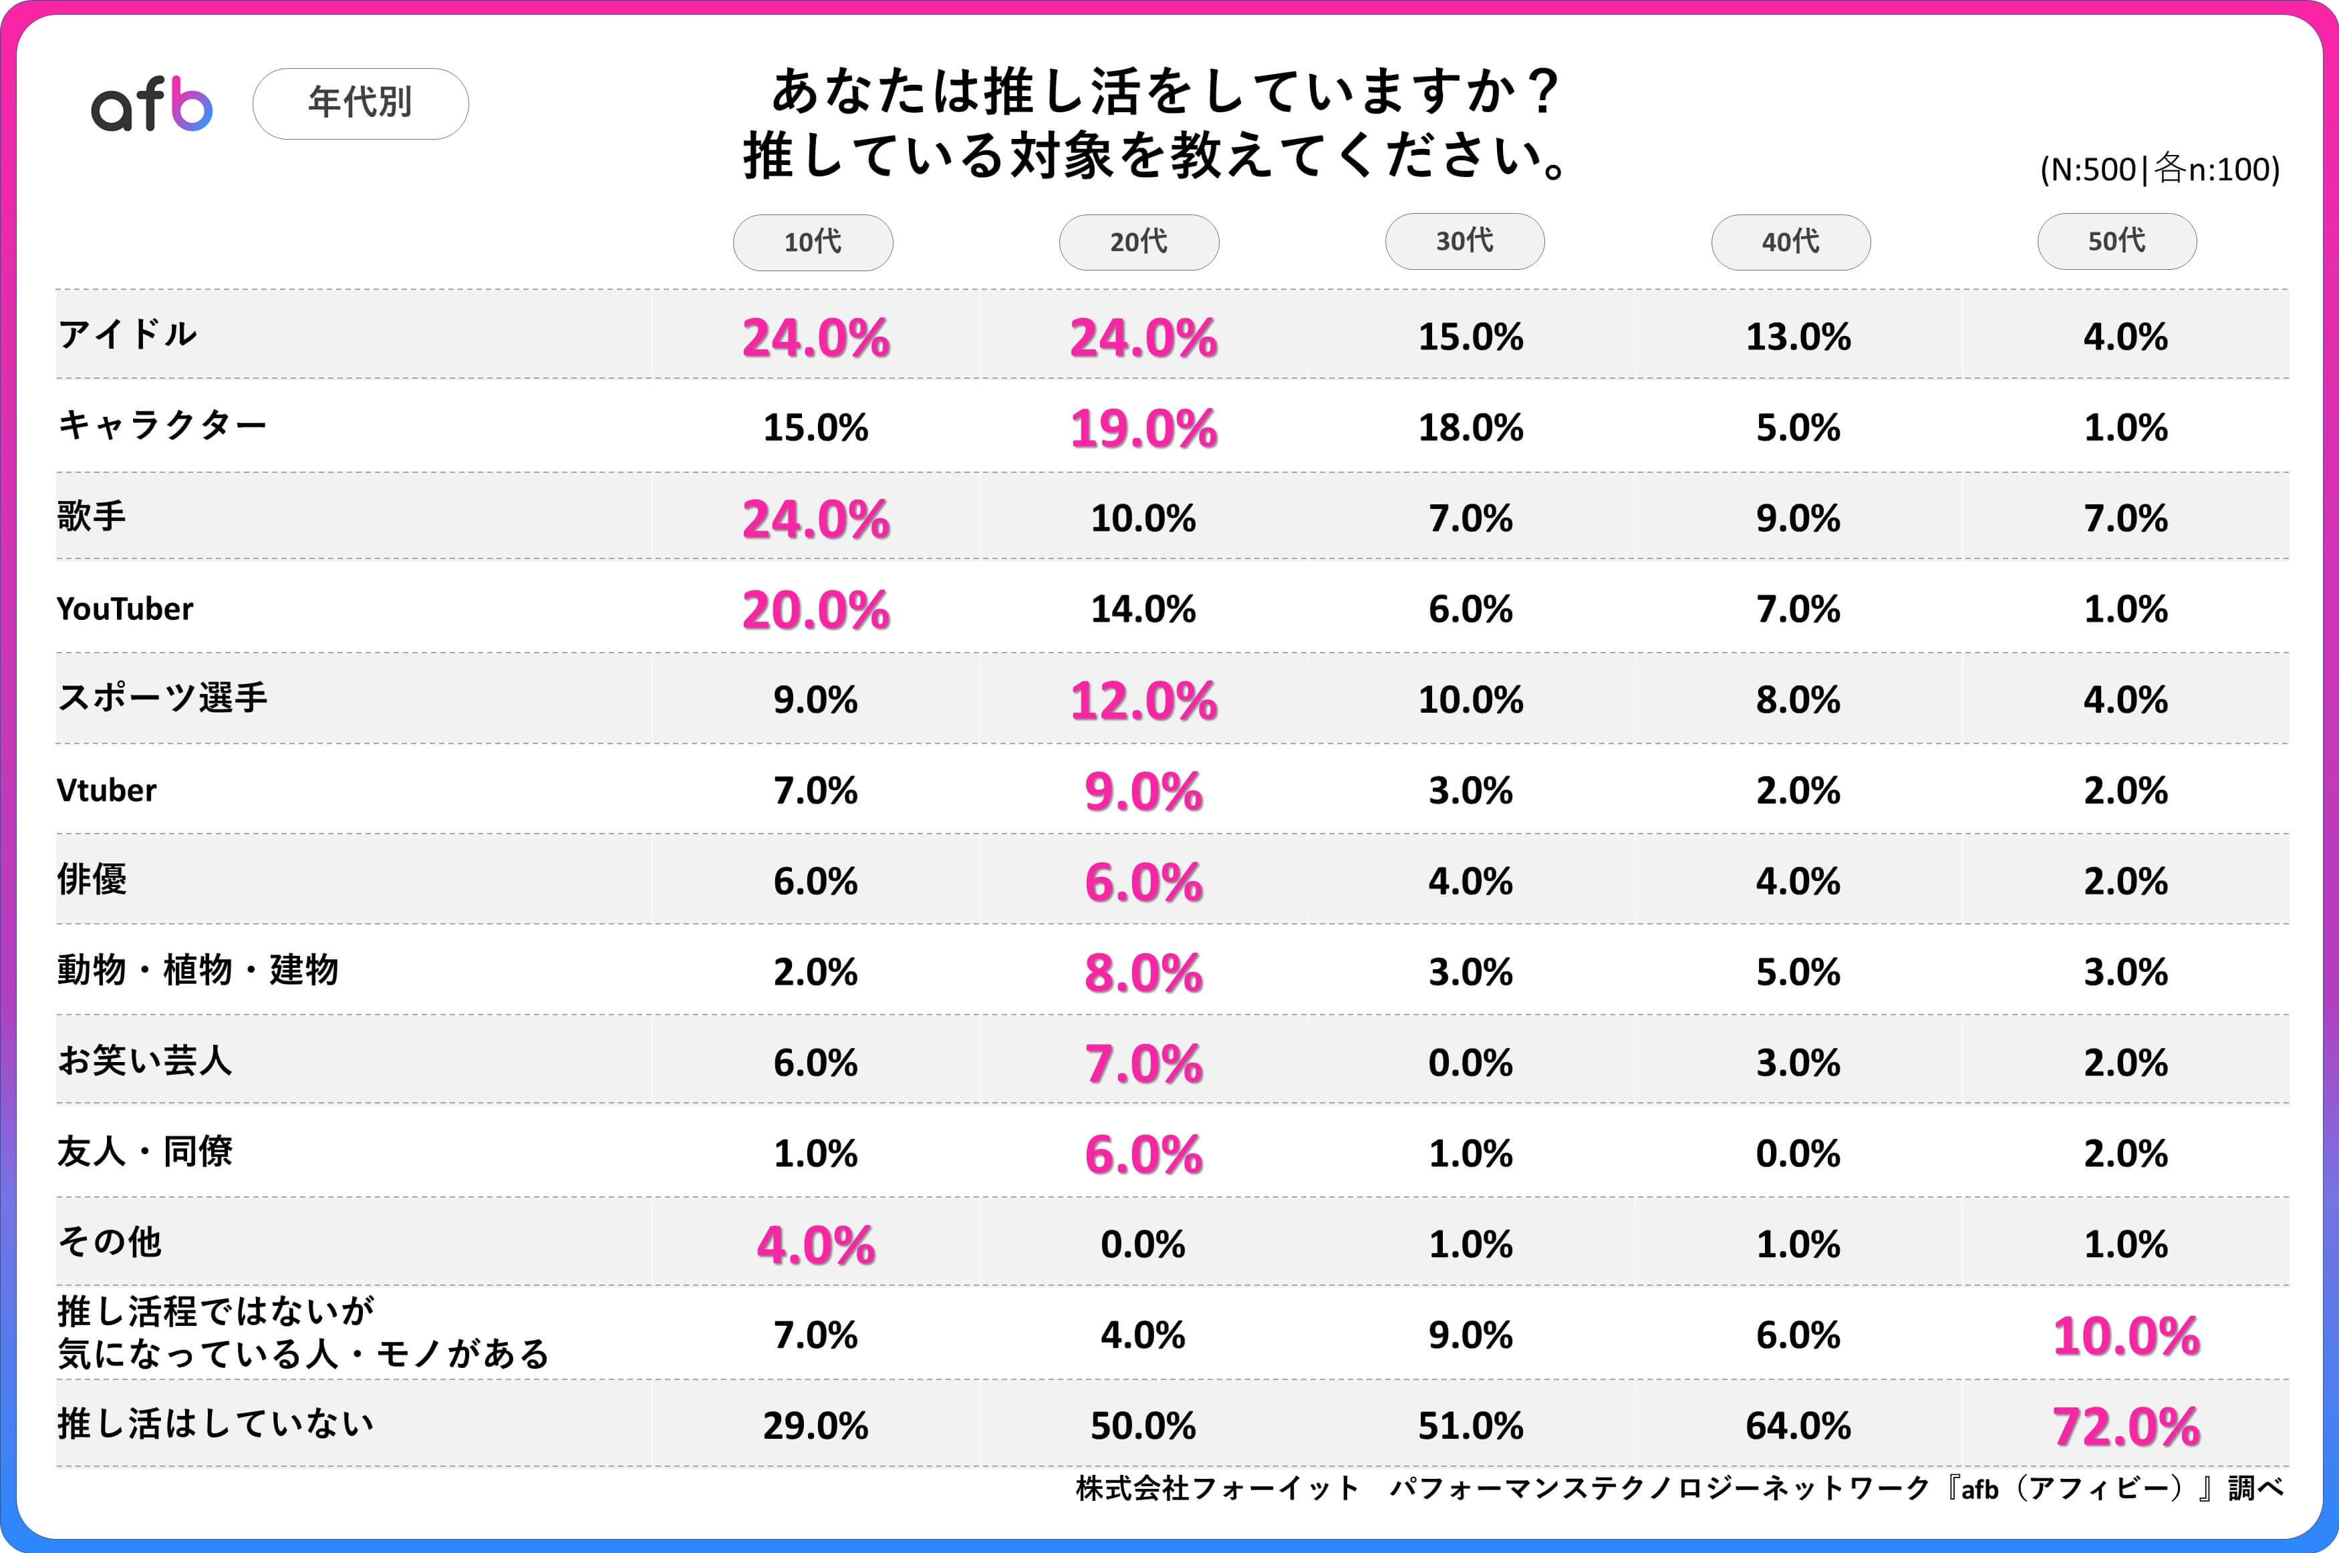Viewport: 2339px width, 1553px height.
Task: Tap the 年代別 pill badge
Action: click(361, 103)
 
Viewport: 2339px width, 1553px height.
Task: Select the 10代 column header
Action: click(813, 242)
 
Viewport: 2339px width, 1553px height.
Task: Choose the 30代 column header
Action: click(1464, 240)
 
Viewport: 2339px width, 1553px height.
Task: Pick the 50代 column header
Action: click(2116, 240)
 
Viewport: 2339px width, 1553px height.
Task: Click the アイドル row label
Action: click(128, 335)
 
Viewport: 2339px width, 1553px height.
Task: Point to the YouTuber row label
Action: click(125, 608)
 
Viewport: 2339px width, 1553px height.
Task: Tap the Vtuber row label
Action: click(106, 790)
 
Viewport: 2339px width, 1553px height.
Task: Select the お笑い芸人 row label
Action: click(144, 1061)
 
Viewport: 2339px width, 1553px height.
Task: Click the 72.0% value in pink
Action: click(2126, 1426)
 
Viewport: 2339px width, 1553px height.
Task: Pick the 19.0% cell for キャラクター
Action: click(1143, 429)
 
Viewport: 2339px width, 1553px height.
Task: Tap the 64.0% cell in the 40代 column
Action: click(1798, 1426)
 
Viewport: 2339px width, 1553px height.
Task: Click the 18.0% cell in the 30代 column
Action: click(1470, 428)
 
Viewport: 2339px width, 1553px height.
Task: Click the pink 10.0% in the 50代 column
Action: click(2126, 1336)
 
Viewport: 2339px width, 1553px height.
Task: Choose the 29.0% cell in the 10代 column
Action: click(815, 1426)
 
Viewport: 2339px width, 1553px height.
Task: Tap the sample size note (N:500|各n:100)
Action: click(2160, 170)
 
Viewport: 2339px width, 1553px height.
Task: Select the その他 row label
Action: click(109, 1242)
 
